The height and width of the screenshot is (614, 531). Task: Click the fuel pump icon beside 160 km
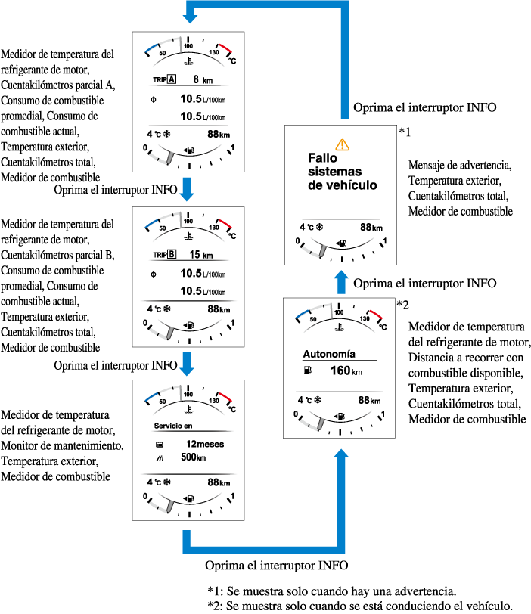point(306,371)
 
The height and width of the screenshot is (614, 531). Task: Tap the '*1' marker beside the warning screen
point(404,132)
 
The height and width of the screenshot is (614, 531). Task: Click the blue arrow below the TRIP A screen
point(187,188)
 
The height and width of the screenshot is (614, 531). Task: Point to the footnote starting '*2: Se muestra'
point(360,606)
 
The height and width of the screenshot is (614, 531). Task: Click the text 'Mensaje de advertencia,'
point(458,165)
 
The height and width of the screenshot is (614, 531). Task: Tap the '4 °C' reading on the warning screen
point(311,227)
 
